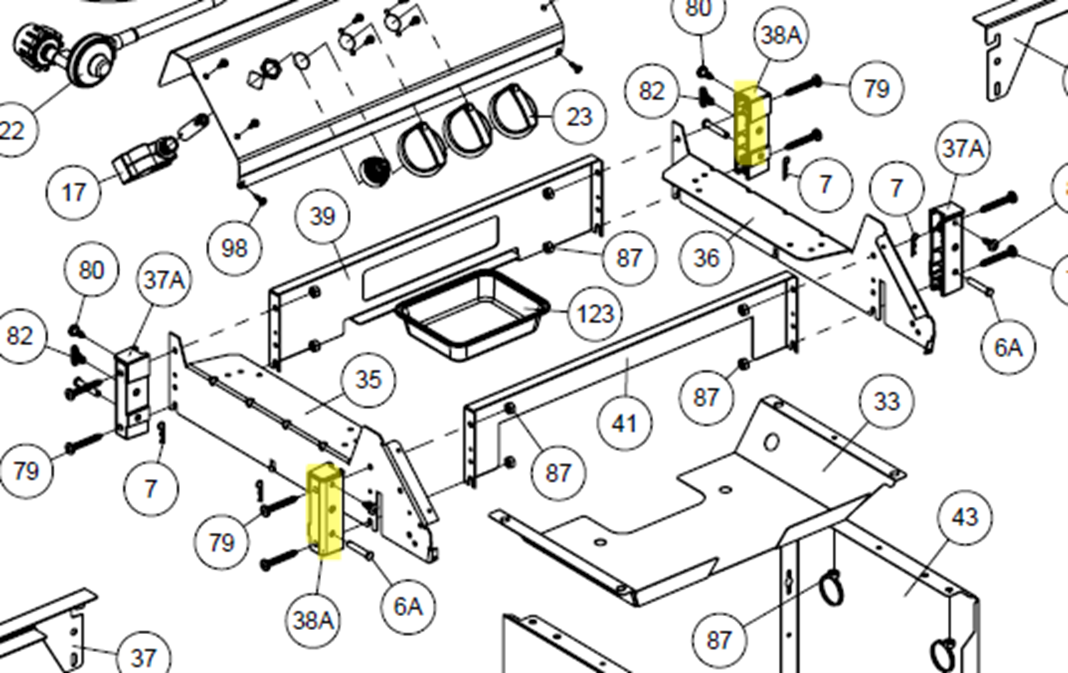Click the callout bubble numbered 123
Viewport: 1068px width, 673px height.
[x=596, y=314]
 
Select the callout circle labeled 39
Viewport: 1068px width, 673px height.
[x=322, y=217]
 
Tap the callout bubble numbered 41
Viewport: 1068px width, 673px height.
[x=624, y=423]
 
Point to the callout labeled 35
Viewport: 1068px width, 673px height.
[x=369, y=380]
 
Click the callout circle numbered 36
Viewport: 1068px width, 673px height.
[x=706, y=258]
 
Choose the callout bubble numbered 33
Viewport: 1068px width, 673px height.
[x=886, y=401]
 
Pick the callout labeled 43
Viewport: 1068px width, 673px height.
[x=964, y=517]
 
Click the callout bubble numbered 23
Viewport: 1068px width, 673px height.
[x=579, y=117]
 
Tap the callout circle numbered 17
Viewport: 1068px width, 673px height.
[x=73, y=192]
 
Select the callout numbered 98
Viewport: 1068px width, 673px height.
[x=234, y=248]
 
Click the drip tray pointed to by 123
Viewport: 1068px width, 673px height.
[x=473, y=316]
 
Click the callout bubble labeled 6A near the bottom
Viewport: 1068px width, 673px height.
[x=408, y=607]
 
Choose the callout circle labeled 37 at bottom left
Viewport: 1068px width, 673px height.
[x=142, y=657]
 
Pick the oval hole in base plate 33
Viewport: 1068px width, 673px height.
[x=771, y=443]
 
